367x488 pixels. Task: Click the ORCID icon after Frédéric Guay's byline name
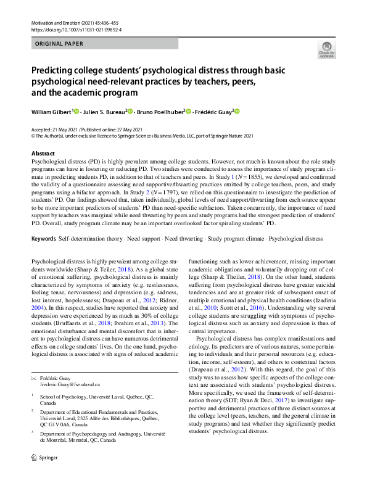[x=236, y=111]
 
